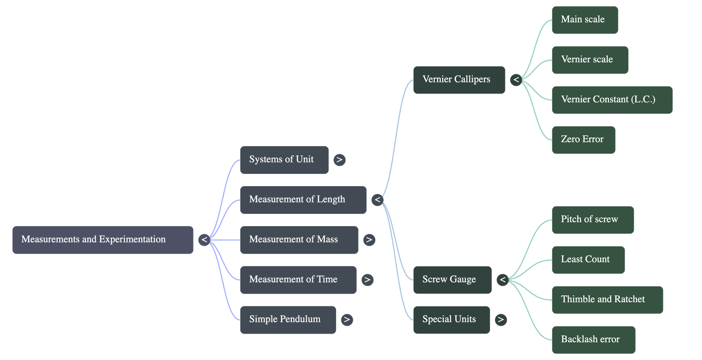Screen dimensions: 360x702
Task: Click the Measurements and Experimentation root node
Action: tap(103, 240)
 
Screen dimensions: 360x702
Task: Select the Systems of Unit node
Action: tap(284, 160)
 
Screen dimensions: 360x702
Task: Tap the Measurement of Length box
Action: tap(303, 200)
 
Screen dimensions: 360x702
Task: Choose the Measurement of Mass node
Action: tap(298, 240)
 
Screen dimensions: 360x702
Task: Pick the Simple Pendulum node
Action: tap(287, 320)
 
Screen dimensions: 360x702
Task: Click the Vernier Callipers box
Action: tap(458, 80)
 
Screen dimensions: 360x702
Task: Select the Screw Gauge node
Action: tap(451, 280)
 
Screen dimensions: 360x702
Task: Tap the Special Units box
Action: tap(451, 320)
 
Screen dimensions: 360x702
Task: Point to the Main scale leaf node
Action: tap(584, 20)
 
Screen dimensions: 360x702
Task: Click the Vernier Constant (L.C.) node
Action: tap(612, 100)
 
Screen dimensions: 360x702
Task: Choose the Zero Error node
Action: tap(583, 140)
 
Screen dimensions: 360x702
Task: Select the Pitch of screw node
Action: tap(592, 220)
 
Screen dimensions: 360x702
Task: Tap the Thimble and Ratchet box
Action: tap(607, 300)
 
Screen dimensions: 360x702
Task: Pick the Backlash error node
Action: tap(593, 340)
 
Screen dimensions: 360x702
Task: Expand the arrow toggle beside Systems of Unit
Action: tap(339, 160)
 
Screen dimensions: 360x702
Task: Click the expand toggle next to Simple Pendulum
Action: tap(347, 320)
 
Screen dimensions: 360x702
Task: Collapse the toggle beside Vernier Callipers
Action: tap(516, 80)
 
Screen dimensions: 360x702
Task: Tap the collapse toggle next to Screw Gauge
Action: tap(502, 280)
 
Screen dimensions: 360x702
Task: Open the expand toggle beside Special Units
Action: tap(501, 320)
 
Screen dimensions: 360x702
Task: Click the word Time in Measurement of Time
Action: tap(327, 280)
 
